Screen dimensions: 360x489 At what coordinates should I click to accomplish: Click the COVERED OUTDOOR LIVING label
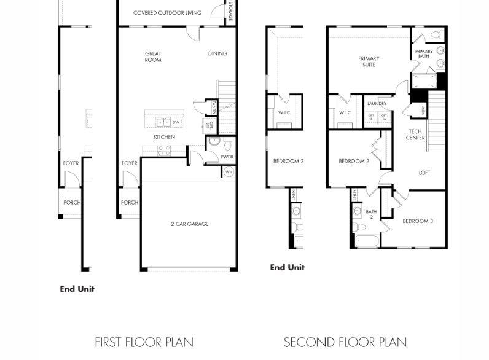[x=167, y=12]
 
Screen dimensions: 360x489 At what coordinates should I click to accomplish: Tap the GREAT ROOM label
[x=153, y=57]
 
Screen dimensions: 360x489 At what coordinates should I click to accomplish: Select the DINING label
[x=217, y=53]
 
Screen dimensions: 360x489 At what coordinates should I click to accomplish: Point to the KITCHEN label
[x=164, y=136]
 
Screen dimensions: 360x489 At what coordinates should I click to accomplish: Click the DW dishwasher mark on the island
[x=176, y=122]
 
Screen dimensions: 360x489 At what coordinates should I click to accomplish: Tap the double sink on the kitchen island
[x=162, y=122]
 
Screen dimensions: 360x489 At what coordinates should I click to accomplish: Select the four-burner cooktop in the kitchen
[x=163, y=150]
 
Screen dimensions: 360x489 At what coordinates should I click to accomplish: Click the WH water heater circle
[x=229, y=173]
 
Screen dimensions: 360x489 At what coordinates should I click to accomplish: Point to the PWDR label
[x=227, y=157]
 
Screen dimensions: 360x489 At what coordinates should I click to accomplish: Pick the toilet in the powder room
[x=227, y=145]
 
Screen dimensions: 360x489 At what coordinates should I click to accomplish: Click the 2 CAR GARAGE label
[x=189, y=224]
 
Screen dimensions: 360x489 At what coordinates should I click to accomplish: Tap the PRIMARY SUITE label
[x=369, y=61]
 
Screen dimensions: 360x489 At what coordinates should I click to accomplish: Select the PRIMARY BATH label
[x=424, y=54]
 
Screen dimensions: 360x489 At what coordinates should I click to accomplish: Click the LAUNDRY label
[x=377, y=104]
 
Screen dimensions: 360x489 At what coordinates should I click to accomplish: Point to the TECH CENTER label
[x=416, y=135]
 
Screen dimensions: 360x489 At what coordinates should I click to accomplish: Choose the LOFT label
[x=424, y=173]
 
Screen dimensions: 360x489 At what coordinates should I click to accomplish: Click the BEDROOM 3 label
[x=418, y=221]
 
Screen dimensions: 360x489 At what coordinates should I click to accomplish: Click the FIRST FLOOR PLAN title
[x=144, y=342]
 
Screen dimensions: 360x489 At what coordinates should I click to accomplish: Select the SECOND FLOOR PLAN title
[x=345, y=342]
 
